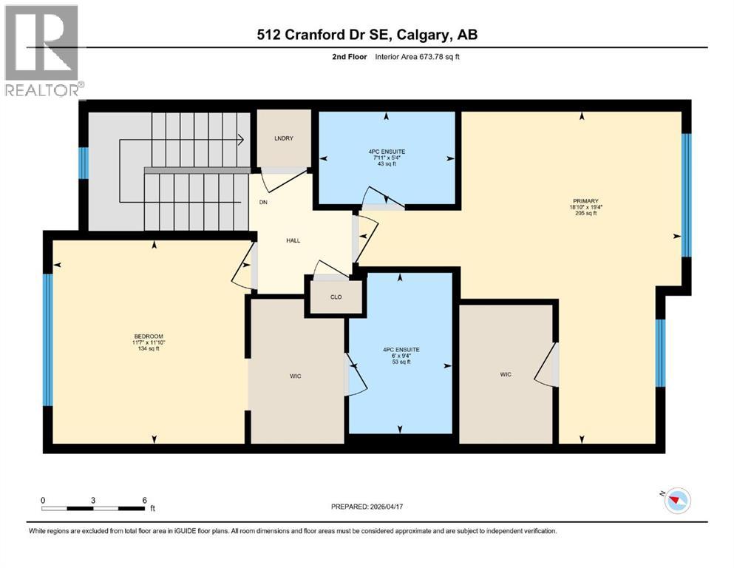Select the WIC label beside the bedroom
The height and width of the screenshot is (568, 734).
pyautogui.click(x=296, y=376)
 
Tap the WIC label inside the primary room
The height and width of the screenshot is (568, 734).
pyautogui.click(x=506, y=374)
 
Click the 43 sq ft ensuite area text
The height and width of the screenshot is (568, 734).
pyautogui.click(x=387, y=164)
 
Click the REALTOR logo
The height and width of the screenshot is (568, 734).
pyautogui.click(x=43, y=50)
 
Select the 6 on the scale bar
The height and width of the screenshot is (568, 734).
pyautogui.click(x=143, y=500)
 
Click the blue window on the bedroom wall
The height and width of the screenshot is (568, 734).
pyautogui.click(x=48, y=339)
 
